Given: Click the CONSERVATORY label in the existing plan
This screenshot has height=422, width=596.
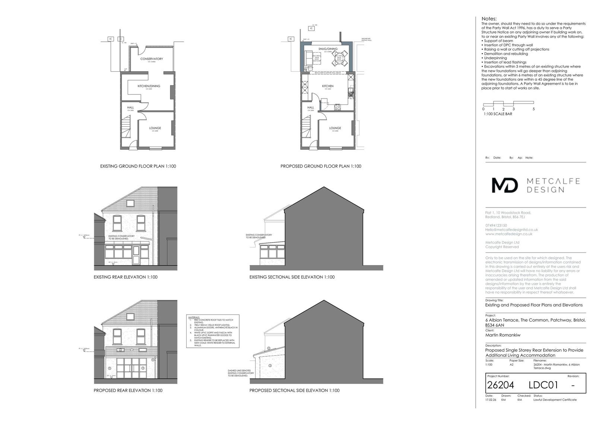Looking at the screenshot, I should pos(151,59).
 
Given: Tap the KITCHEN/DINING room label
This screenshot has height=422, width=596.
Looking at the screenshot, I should pos(149,86).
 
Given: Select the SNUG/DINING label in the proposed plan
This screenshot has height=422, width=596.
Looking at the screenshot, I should pos(328,49).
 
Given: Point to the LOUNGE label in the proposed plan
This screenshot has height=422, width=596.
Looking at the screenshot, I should pos(335,128).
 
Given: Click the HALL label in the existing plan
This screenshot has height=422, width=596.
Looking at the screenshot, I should pos(130,107).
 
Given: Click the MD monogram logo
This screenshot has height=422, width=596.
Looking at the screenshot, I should pos(505,185).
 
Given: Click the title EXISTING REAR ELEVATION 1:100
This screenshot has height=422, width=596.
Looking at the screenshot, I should pos(126,277).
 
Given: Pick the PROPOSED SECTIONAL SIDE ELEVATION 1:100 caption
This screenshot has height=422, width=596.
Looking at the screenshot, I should pos(294,391).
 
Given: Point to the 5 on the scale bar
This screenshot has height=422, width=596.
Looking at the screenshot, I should pos(533,109).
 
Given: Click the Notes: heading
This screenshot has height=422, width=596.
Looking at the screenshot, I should pos(489,19).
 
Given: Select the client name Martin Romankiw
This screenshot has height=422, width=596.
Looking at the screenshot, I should pos(503,335).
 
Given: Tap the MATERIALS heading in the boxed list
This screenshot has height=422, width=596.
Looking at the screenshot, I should pos(194,317).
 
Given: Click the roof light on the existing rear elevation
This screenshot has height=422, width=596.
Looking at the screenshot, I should pos(130,203).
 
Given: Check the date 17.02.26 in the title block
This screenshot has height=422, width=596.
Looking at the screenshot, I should pos(491,400).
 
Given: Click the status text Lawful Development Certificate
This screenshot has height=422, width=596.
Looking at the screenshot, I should pos(555,400).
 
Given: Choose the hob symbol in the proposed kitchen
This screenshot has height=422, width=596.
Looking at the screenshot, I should pos(337,107).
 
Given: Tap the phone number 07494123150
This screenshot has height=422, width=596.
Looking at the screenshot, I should pos(496,225).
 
